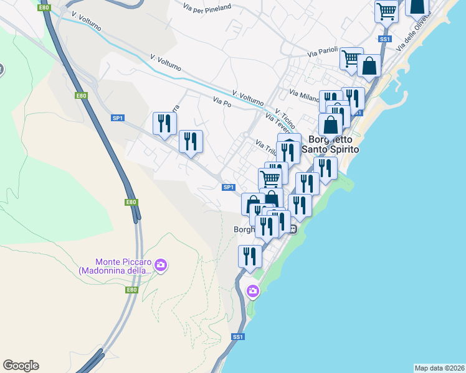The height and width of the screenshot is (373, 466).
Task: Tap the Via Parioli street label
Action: click(x=321, y=54)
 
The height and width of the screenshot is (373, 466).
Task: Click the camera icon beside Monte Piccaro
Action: click(x=161, y=266)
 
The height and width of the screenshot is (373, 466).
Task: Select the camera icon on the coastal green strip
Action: click(x=253, y=290)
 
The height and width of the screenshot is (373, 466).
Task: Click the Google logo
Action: click(x=21, y=366)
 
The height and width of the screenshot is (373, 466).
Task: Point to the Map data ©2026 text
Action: click(x=440, y=368)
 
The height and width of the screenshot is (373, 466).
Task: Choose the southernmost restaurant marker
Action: click(x=250, y=256)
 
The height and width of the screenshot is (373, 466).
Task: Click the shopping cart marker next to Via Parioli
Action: click(x=351, y=58)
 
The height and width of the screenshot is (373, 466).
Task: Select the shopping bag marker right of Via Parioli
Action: click(x=369, y=66)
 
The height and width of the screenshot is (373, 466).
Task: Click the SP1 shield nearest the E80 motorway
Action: click(x=117, y=117)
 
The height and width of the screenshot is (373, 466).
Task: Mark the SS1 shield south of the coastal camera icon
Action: click(x=237, y=337)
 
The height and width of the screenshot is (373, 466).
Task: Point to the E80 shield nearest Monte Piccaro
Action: click(x=131, y=290)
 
